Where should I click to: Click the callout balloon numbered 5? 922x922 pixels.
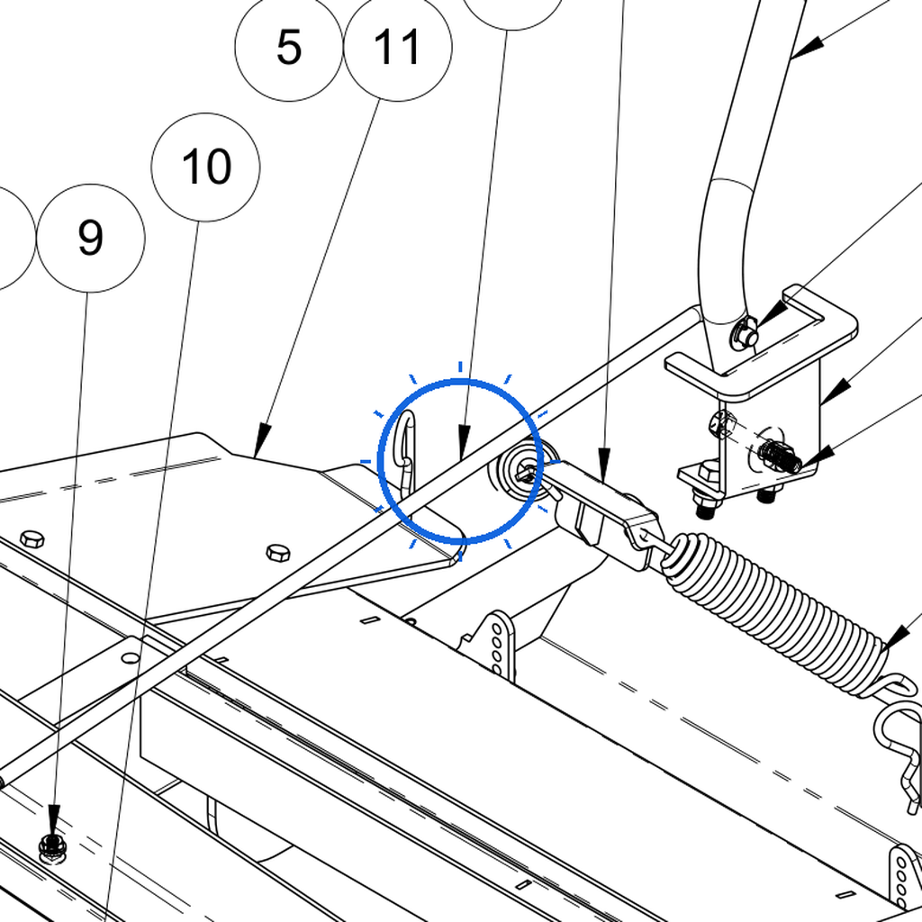coord(288,47)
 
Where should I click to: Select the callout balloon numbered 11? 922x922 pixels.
coord(397,47)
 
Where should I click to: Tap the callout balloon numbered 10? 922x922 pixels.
coord(205,167)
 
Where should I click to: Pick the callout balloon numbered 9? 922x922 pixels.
coord(91,238)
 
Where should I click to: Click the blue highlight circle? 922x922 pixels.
coord(460,382)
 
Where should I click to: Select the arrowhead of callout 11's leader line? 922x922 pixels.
coord(262,439)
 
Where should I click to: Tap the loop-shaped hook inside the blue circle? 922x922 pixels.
coord(405,453)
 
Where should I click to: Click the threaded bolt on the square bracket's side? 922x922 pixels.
coord(781,456)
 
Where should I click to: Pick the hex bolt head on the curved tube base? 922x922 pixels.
coord(744,333)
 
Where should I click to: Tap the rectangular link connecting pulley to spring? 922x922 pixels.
coord(606,511)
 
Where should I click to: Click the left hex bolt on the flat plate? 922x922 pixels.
coord(32,538)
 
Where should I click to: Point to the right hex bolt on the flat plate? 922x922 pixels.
coord(278,553)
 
